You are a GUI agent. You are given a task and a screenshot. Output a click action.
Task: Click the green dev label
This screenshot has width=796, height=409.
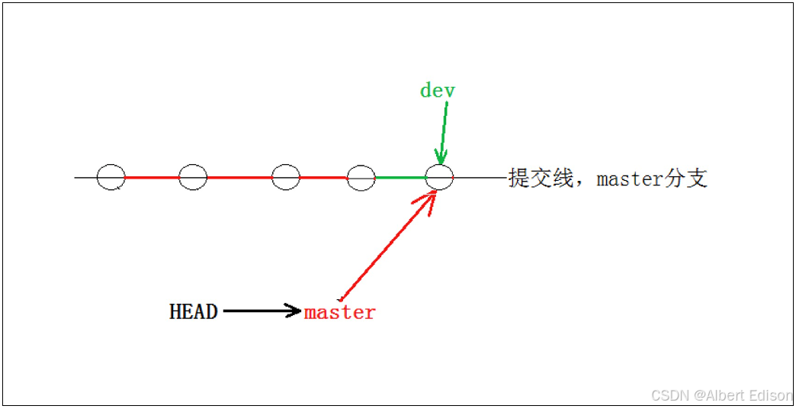tap(437, 90)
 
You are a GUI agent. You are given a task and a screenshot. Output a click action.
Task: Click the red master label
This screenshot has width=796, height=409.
tap(340, 312)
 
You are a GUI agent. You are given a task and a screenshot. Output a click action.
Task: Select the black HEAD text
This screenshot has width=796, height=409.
tap(193, 311)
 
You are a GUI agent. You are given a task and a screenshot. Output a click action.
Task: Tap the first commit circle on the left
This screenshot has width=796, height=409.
tap(111, 177)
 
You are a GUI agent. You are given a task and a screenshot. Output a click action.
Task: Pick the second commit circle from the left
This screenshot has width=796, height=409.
tap(193, 177)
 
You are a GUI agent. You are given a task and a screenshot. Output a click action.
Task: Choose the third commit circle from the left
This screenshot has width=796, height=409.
tap(286, 177)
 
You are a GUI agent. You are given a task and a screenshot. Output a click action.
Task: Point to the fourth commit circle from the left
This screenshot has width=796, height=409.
tap(361, 177)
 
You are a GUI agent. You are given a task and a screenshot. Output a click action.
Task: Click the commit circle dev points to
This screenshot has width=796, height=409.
tap(439, 177)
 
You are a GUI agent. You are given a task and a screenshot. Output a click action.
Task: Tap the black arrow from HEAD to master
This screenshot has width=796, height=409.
tap(259, 311)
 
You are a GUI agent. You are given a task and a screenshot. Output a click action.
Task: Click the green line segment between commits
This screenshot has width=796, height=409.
tap(400, 178)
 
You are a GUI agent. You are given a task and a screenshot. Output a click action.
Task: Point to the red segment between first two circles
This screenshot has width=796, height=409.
tap(152, 178)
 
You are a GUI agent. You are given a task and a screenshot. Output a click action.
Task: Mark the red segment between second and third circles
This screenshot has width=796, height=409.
tap(239, 178)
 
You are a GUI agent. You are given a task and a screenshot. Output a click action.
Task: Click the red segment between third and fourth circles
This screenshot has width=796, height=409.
tap(323, 178)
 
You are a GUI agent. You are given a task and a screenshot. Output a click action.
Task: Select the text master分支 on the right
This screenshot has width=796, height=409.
tap(652, 179)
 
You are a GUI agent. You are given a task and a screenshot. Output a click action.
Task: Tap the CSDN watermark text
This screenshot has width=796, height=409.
tap(669, 395)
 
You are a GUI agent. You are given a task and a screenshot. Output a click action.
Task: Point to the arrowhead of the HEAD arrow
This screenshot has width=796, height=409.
tap(294, 311)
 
